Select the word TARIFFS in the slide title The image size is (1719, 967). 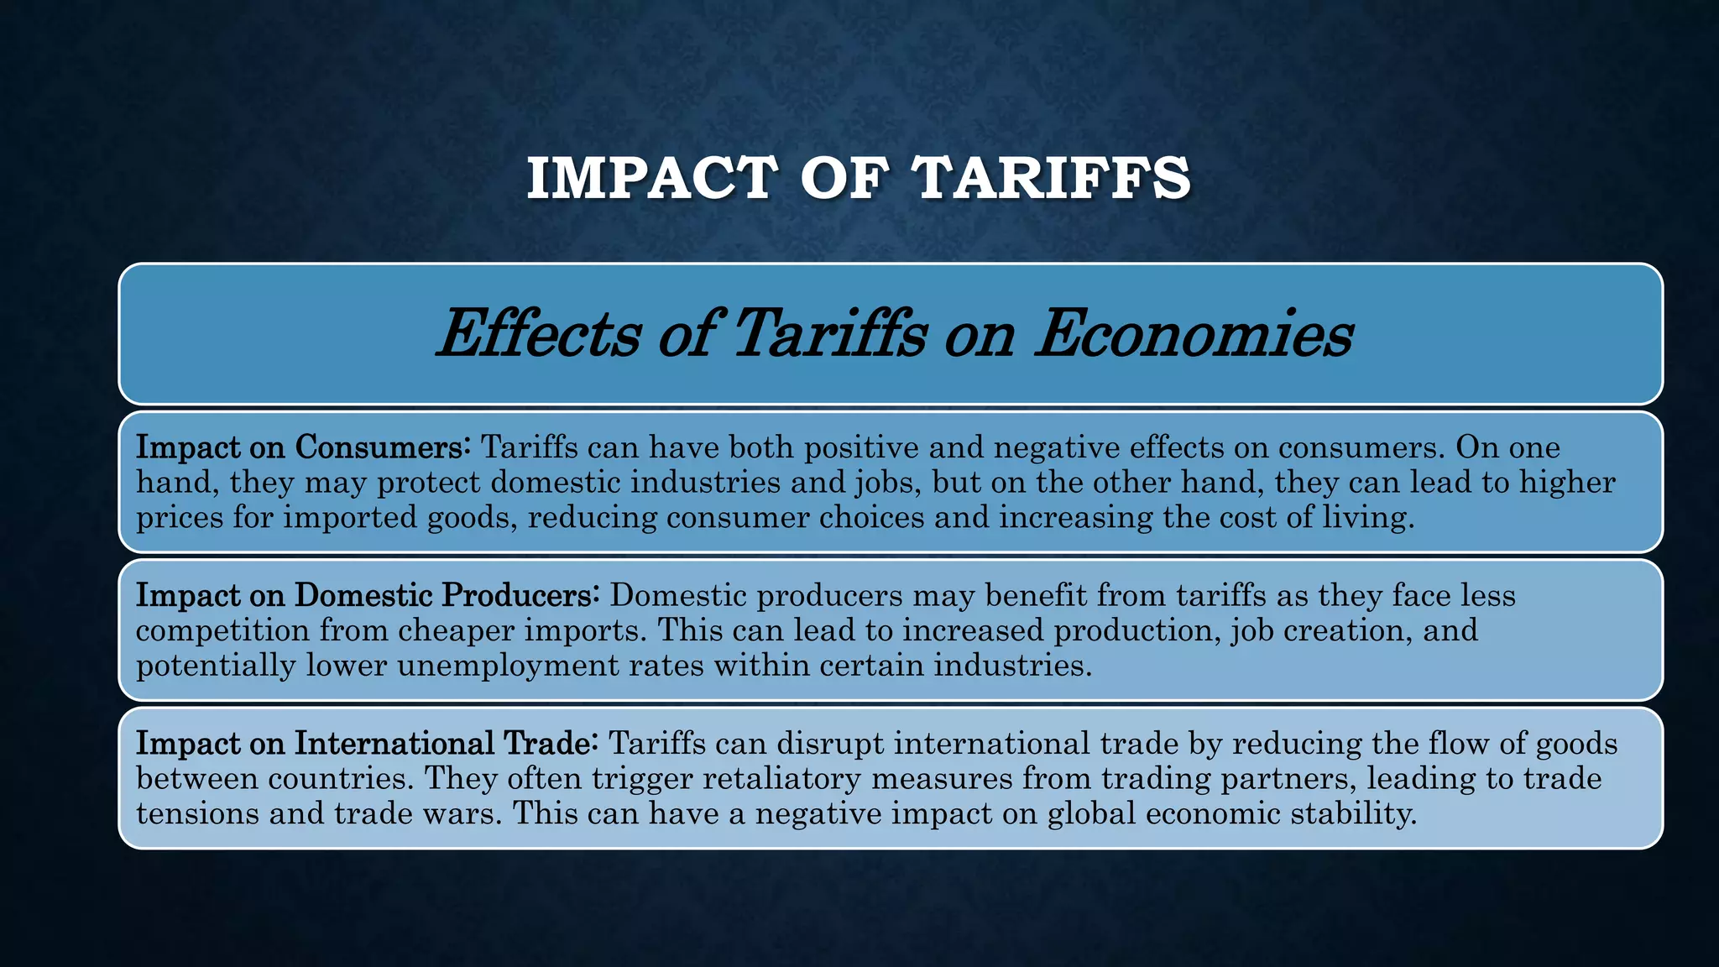click(1053, 178)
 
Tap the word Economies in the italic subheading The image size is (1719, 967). click(1193, 334)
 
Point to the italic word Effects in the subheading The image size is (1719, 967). click(538, 334)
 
